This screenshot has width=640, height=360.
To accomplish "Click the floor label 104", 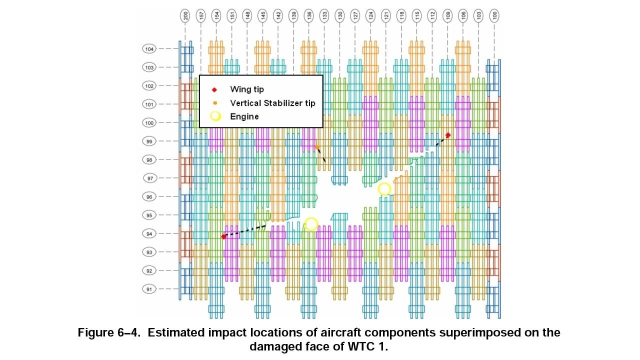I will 149,49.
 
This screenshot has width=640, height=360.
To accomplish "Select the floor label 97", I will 149,178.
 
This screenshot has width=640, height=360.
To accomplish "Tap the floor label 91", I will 149,289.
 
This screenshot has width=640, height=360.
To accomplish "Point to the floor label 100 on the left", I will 149,122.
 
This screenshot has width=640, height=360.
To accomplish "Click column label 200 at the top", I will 185,16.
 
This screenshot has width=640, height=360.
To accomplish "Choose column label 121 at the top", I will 385,16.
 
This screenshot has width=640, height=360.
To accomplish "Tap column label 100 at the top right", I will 494,16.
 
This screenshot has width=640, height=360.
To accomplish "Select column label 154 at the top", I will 216,16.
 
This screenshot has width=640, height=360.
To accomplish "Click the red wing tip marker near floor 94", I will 223,236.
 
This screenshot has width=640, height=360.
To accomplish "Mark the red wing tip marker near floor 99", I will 448,135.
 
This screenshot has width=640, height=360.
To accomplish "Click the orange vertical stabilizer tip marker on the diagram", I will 317,147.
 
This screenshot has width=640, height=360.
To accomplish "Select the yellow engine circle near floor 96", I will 384,188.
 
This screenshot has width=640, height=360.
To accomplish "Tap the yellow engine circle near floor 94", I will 311,224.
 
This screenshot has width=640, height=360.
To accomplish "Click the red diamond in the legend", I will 214,90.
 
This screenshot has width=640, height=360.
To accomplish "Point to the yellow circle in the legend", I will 215,116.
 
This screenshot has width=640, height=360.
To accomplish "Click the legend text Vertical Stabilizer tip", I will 272,103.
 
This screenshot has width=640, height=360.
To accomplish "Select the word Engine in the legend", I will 244,116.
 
